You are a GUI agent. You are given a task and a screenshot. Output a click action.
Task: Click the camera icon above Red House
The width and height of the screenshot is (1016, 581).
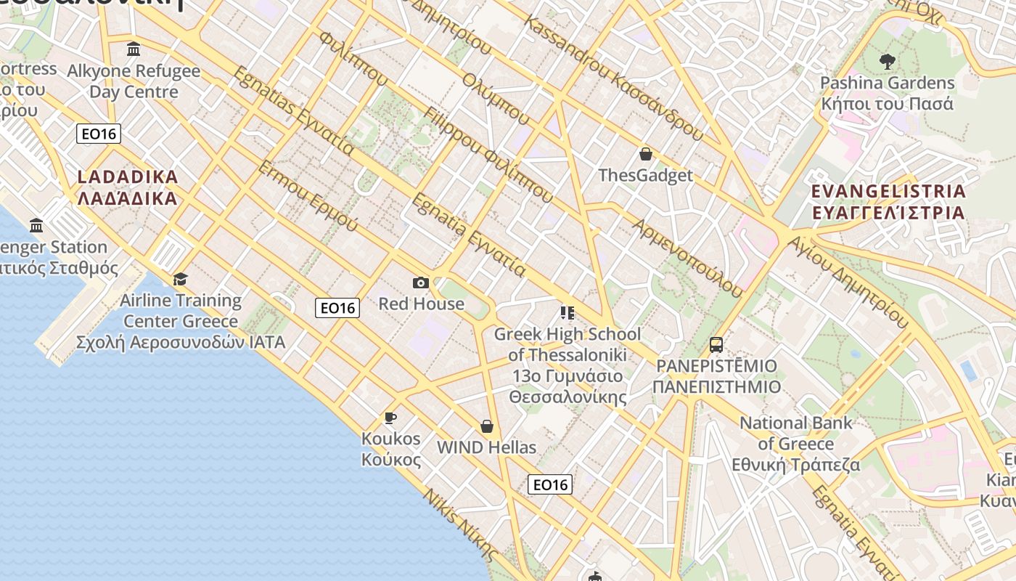pyautogui.click(x=420, y=283)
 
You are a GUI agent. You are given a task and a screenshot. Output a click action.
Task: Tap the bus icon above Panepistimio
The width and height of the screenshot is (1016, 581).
pyautogui.click(x=716, y=344)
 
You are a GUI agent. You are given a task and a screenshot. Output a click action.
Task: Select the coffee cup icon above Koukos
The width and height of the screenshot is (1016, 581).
pyautogui.click(x=390, y=418)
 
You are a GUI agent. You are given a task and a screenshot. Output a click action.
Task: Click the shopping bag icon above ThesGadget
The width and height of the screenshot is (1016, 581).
pyautogui.click(x=645, y=154)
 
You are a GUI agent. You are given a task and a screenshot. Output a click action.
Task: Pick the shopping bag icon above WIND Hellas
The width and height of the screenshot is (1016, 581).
pyautogui.click(x=487, y=426)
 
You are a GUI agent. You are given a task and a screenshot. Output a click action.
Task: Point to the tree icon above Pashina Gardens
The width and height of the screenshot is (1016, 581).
pyautogui.click(x=887, y=61)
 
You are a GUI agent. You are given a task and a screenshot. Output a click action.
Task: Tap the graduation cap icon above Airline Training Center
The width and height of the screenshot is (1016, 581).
pyautogui.click(x=180, y=279)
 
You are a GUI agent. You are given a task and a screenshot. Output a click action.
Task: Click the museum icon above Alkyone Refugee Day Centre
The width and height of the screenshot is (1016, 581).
pyautogui.click(x=134, y=49)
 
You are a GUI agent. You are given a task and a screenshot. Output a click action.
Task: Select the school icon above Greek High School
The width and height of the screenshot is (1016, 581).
pyautogui.click(x=568, y=313)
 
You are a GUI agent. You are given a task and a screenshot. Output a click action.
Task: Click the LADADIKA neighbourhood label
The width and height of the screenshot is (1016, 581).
pyautogui.click(x=127, y=187)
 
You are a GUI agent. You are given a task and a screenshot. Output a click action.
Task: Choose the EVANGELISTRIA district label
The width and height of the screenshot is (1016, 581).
pyautogui.click(x=889, y=202)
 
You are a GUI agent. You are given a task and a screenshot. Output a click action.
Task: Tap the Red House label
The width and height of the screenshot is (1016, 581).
pyautogui.click(x=421, y=304)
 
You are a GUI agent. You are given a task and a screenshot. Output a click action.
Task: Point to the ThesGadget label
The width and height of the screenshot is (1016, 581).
pyautogui.click(x=645, y=175)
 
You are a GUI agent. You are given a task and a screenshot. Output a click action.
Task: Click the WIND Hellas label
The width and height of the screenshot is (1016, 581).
pyautogui.click(x=486, y=447)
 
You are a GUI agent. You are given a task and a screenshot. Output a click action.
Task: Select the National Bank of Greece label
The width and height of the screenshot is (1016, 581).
pyautogui.click(x=795, y=444)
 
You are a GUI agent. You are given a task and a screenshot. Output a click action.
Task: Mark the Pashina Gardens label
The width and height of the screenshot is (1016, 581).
pyautogui.click(x=887, y=93)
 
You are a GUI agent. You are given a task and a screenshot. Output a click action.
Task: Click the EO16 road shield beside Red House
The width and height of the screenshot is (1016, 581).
pyautogui.click(x=337, y=308)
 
